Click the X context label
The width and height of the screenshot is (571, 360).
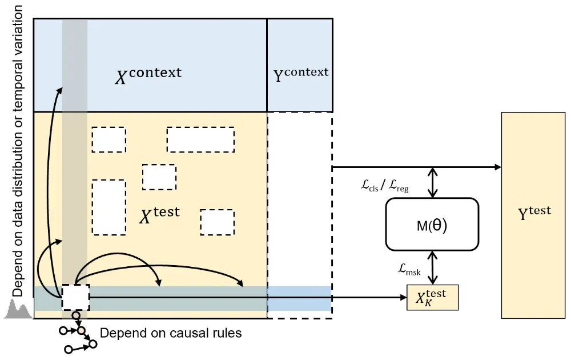click(x=148, y=75)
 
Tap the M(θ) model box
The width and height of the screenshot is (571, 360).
click(x=432, y=224)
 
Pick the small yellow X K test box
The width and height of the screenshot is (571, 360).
click(x=432, y=297)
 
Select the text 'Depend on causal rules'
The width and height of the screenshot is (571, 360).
click(x=171, y=333)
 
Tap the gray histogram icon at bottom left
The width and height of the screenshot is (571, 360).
click(x=17, y=311)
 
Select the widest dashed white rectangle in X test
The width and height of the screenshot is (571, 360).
click(x=200, y=139)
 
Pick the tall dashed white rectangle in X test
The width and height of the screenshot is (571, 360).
click(x=108, y=207)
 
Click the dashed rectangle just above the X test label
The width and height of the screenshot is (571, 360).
click(x=159, y=177)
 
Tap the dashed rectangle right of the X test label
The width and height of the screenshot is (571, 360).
click(x=217, y=222)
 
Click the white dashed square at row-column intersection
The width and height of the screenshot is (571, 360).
click(x=75, y=298)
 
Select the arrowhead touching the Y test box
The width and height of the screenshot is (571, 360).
click(x=497, y=167)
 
